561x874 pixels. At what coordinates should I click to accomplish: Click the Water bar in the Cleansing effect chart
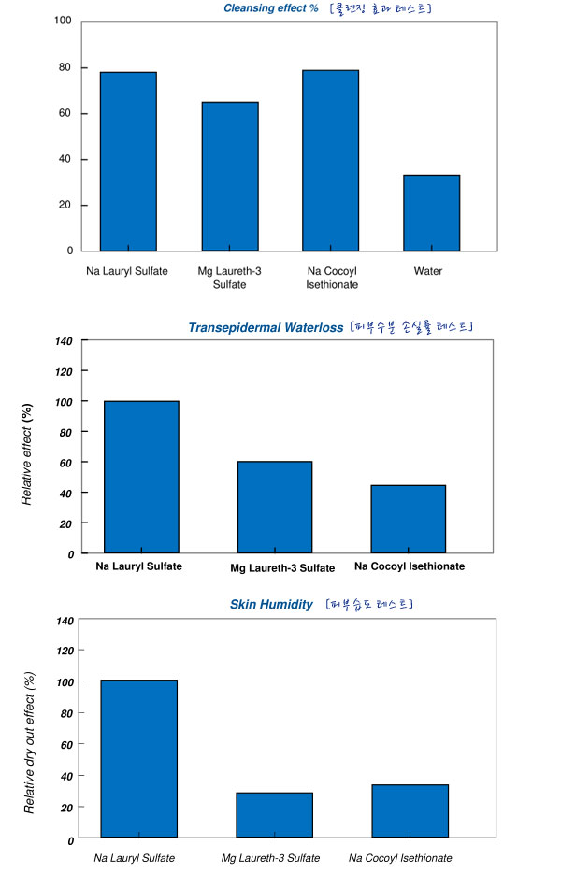[432, 213]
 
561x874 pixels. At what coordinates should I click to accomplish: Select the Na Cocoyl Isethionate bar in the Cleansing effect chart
[331, 161]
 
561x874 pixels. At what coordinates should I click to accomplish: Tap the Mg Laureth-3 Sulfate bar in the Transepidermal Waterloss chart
[275, 508]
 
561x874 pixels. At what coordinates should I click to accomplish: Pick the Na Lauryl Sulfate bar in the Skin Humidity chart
[139, 759]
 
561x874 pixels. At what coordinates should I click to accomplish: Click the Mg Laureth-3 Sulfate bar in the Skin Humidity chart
[274, 815]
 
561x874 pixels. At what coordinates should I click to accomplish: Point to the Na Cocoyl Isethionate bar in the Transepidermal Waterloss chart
[409, 519]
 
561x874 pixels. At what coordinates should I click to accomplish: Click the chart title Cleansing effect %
[271, 8]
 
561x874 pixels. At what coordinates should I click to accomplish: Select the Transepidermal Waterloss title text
[266, 328]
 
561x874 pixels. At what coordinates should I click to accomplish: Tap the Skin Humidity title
[271, 604]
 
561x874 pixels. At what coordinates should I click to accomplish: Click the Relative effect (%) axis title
[26, 454]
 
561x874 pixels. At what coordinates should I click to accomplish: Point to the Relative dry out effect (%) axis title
[29, 742]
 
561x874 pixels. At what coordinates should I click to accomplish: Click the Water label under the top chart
[427, 271]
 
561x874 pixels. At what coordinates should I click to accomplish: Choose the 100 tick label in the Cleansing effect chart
[63, 21]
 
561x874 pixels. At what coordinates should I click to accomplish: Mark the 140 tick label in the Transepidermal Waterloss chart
[64, 341]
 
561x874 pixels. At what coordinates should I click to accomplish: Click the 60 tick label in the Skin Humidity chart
[66, 745]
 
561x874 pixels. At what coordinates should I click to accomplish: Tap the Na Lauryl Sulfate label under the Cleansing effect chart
[127, 271]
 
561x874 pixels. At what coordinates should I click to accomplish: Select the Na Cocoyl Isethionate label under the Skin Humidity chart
[400, 858]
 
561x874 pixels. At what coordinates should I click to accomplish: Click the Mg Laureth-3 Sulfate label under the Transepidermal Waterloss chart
[282, 568]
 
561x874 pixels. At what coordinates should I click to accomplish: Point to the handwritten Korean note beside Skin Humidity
[369, 604]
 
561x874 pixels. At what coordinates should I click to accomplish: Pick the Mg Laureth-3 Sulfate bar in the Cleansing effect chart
[230, 176]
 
